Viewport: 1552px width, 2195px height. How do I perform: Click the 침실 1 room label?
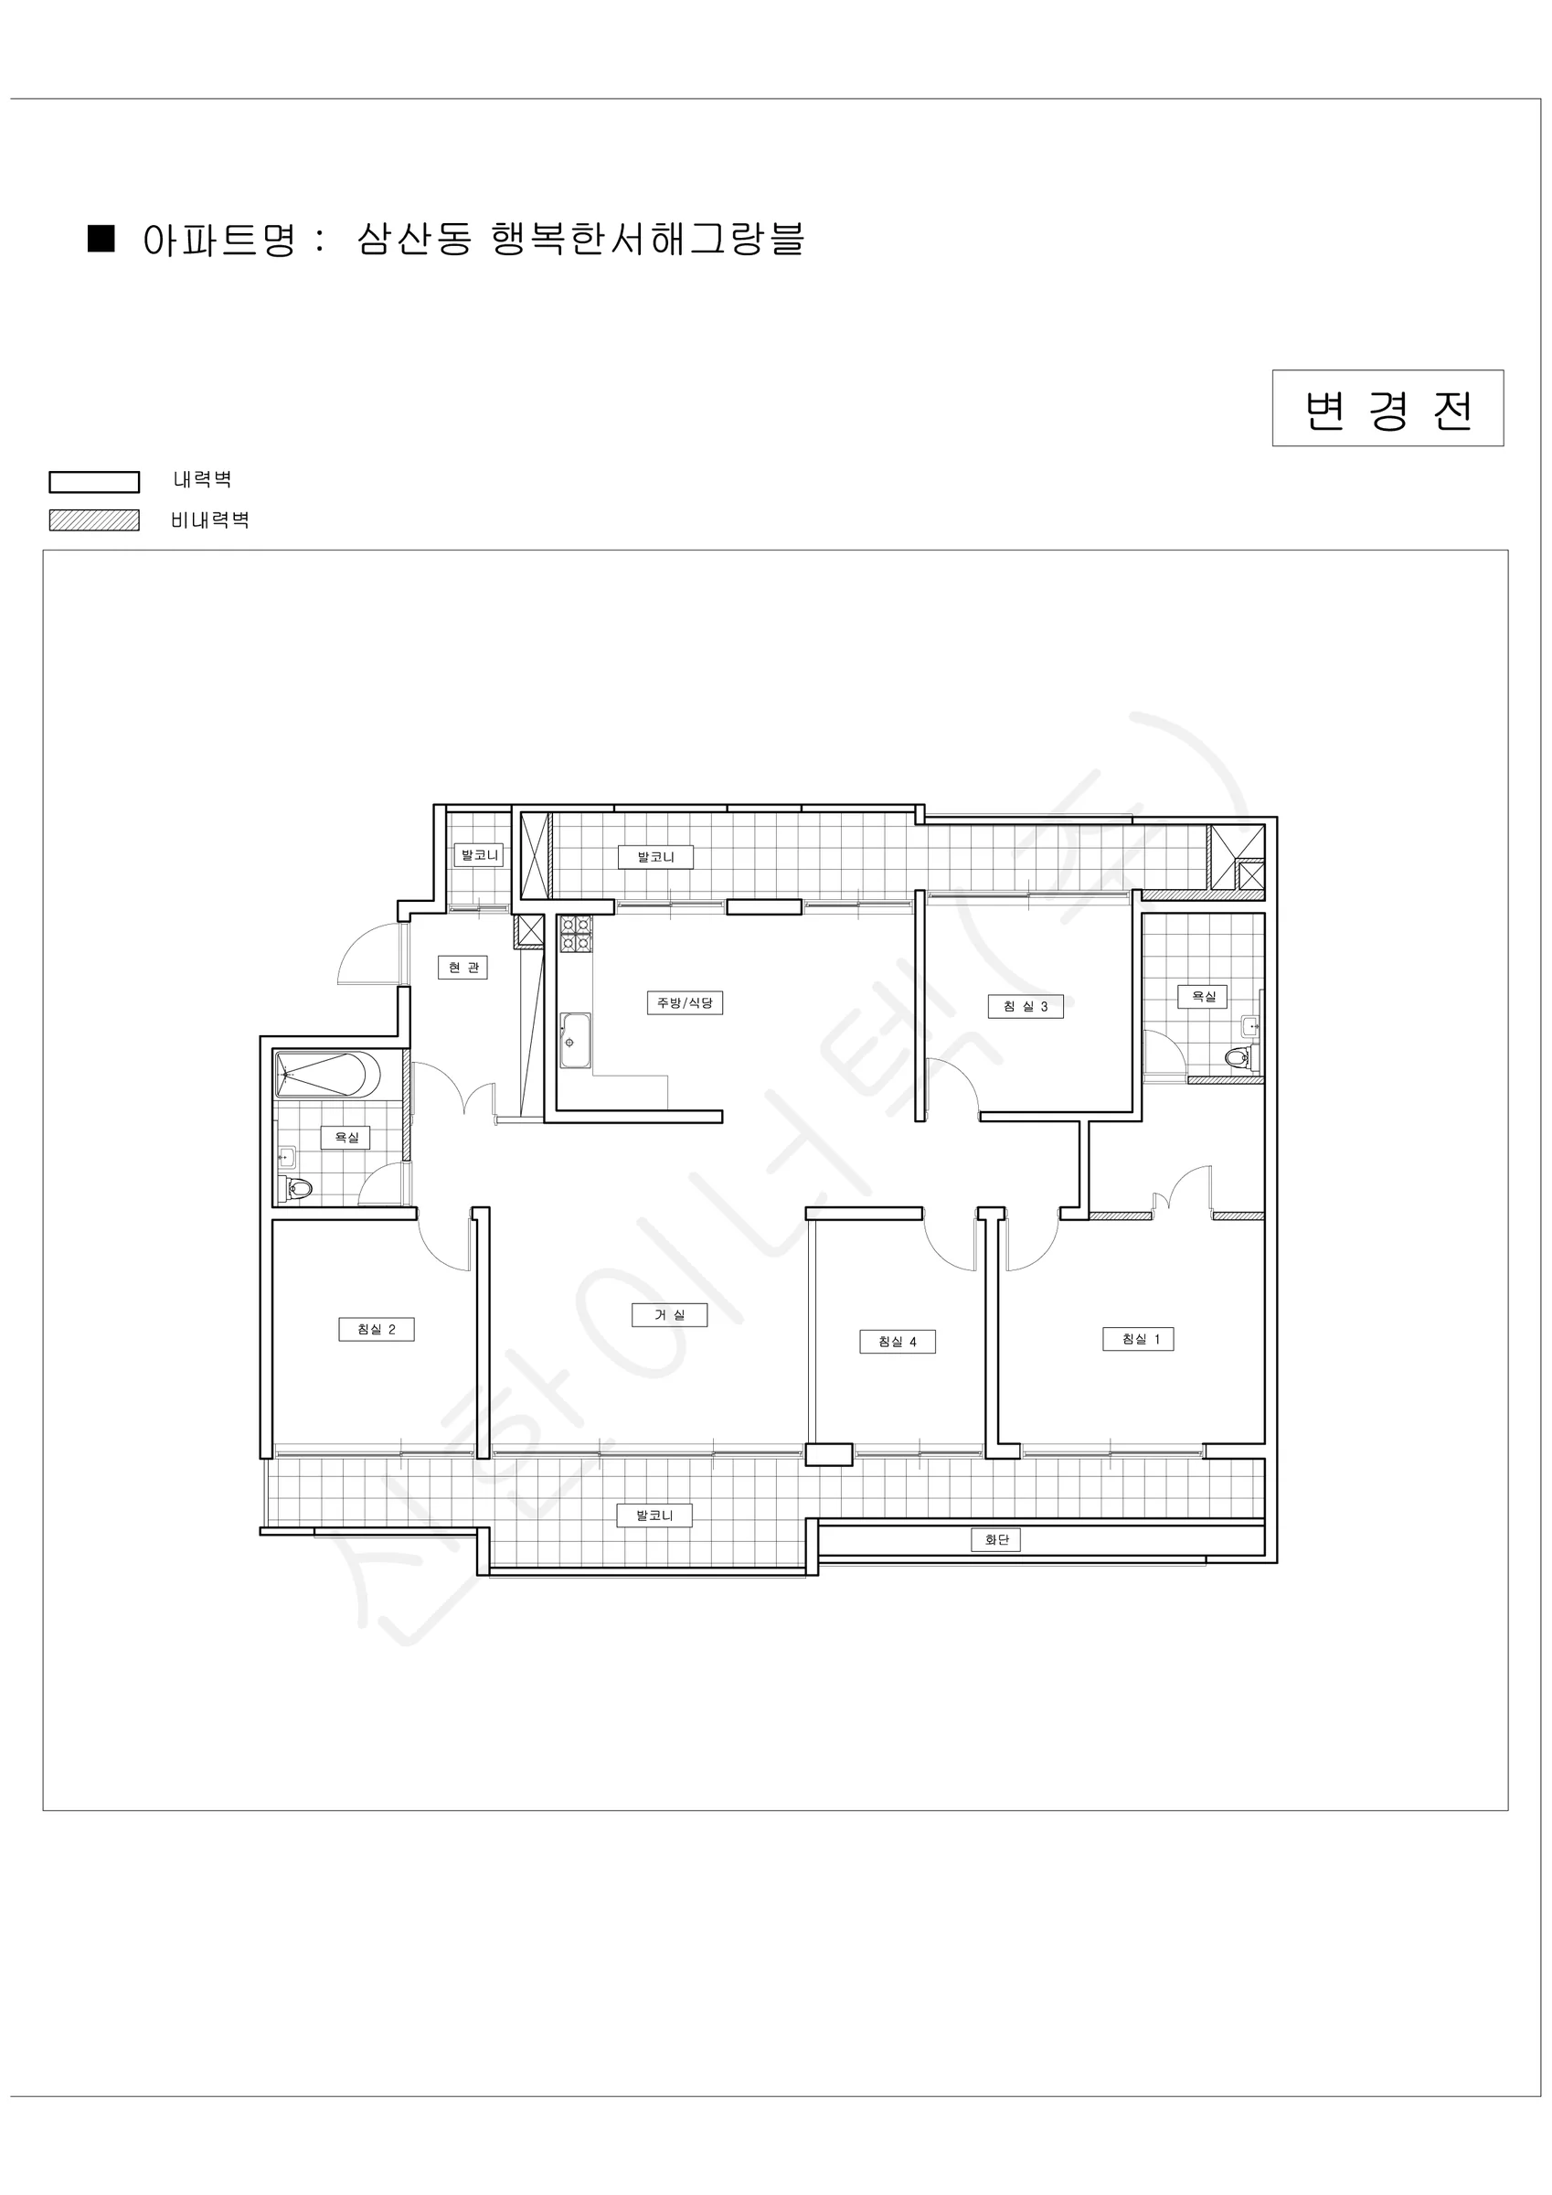point(1137,1338)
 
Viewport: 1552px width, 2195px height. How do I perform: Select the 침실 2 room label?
point(377,1329)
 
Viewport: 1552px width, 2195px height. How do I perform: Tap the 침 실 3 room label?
point(1026,1006)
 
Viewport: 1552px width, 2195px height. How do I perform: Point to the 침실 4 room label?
point(898,1342)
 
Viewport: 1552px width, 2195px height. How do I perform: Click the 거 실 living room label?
point(669,1314)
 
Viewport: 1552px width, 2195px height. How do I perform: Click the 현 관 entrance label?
point(462,967)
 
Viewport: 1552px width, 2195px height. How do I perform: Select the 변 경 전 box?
point(1387,408)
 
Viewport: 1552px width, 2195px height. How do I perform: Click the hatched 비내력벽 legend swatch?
point(95,520)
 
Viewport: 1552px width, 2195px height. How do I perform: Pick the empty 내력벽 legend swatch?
point(95,482)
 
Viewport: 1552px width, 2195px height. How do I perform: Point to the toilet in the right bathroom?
point(1240,1057)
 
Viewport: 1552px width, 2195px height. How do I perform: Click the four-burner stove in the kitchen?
point(575,934)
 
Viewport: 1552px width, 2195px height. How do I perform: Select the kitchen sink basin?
point(575,1040)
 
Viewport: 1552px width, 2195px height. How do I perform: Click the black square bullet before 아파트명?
point(101,238)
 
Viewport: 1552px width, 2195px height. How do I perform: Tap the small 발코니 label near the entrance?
point(479,854)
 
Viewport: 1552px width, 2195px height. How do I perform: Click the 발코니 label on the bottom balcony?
point(654,1515)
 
